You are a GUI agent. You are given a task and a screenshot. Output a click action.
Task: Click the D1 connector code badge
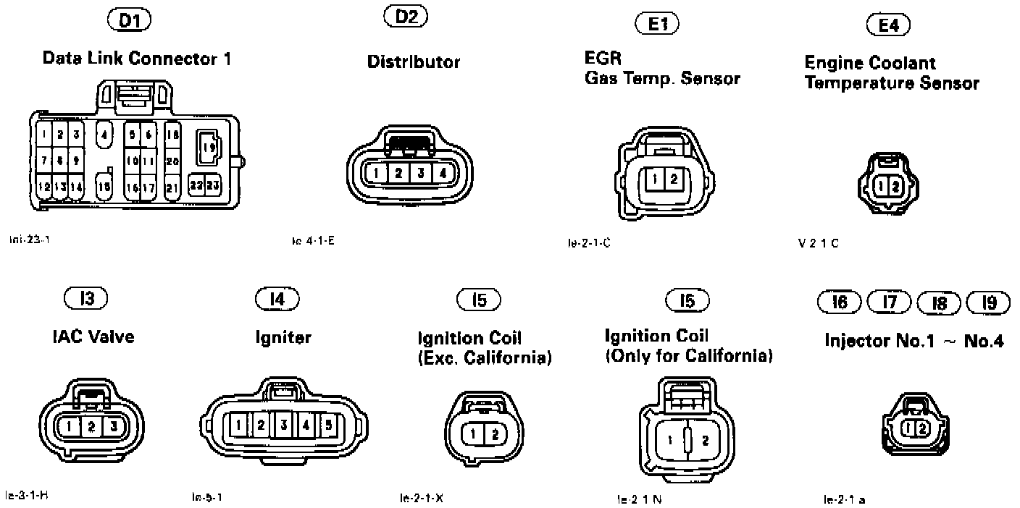coord(128,21)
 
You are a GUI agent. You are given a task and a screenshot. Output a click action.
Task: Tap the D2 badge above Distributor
coord(406,17)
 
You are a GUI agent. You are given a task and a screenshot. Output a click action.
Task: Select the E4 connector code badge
coord(888,25)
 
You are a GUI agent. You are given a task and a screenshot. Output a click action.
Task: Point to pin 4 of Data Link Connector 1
coord(104,135)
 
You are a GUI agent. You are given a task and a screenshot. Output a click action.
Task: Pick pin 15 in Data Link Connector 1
coord(104,187)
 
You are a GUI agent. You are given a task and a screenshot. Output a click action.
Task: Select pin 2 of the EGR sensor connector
coord(674,178)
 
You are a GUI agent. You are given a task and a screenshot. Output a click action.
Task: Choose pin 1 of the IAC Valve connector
coord(70,426)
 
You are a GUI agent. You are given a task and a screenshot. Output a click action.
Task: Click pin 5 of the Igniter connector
coord(327,426)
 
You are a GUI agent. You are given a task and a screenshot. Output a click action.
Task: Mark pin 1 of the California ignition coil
coord(671,440)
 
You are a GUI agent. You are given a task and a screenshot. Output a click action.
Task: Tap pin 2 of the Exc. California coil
coord(494,434)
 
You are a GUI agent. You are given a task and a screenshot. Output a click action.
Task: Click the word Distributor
coord(414,62)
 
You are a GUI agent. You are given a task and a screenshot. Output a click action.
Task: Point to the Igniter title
coord(283,337)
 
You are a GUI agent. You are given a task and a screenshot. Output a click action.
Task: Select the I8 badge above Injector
coord(940,303)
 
